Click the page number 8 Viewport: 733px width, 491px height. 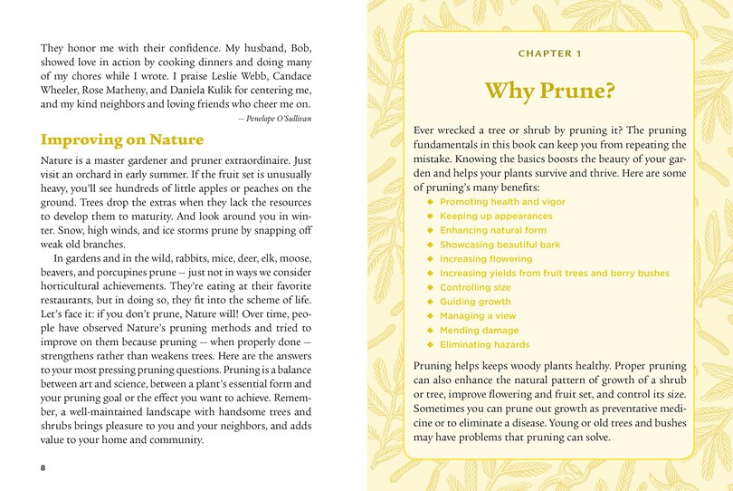tap(43, 467)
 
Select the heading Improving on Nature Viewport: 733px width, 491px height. tap(122, 140)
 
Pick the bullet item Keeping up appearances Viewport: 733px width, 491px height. tap(496, 217)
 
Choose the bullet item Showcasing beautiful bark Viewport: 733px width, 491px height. tap(499, 245)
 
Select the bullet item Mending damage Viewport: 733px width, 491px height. tap(479, 330)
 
